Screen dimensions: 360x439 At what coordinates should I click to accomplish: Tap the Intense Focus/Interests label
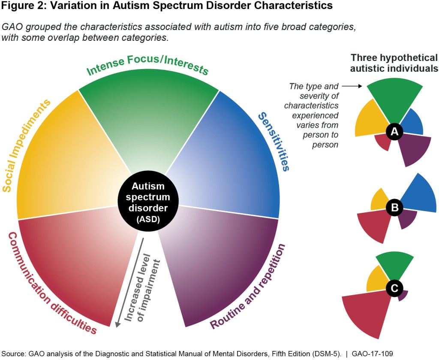148,65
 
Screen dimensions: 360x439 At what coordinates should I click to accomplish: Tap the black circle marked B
394,208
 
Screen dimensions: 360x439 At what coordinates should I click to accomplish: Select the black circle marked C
394,288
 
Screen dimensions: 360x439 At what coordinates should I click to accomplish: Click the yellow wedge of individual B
379,199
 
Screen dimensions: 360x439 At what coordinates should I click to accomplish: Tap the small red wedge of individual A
382,142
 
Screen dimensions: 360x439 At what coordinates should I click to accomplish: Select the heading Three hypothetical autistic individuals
394,63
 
